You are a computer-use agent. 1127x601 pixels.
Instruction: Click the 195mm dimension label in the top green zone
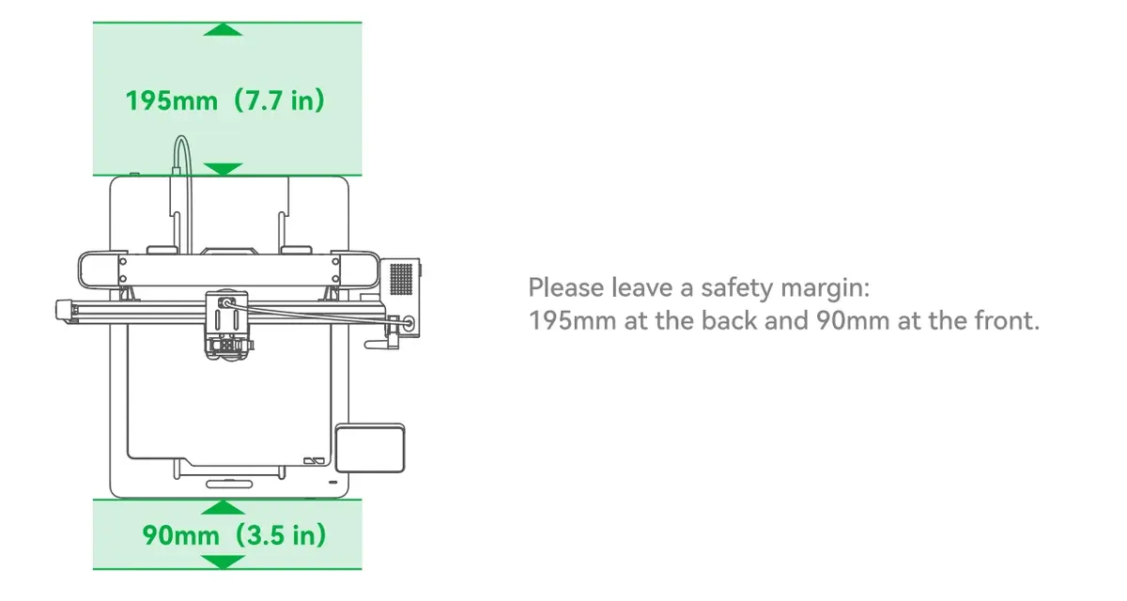pos(172,100)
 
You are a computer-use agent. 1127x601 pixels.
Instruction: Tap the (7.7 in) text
pos(279,100)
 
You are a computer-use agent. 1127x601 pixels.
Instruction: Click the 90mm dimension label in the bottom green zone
pos(181,535)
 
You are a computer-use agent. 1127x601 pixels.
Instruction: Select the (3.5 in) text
pos(281,535)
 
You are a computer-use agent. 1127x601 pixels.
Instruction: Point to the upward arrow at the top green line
pos(223,30)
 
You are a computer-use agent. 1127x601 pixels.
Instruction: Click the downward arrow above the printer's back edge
pos(223,169)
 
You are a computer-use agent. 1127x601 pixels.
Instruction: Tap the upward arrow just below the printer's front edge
pos(223,507)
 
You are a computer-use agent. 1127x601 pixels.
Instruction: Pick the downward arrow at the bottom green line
pos(223,562)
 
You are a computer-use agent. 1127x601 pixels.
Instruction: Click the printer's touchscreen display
pos(370,448)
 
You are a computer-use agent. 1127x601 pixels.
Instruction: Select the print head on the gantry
pos(227,325)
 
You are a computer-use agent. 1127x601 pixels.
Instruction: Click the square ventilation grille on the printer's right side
pos(401,279)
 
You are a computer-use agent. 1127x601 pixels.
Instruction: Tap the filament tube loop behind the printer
pos(181,151)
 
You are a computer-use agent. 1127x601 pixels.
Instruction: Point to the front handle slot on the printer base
pos(229,484)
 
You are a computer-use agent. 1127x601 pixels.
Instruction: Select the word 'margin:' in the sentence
pos(826,288)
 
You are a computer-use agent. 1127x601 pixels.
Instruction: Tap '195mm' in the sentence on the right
pos(573,321)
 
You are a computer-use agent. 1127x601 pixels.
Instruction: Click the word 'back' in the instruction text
pos(729,321)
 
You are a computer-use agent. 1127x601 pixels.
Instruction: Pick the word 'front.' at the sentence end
pos(1007,321)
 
